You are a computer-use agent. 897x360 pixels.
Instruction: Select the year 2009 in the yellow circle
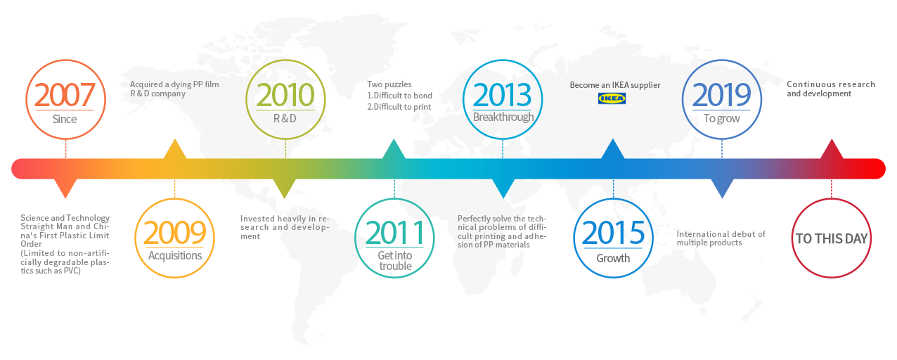point(174,233)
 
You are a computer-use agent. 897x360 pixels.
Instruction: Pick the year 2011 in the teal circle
point(395,233)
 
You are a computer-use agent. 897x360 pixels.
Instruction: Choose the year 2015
point(613,233)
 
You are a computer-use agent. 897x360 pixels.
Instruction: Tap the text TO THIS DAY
point(832,238)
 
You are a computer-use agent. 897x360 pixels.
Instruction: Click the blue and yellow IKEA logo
point(612,98)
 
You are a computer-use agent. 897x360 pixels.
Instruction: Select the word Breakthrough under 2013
point(503,117)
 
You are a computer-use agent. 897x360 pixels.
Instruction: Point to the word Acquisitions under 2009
point(175,255)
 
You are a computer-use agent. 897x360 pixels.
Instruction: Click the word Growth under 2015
point(613,258)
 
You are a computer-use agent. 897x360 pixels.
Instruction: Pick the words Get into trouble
point(395,261)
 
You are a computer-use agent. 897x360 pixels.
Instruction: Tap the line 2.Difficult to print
point(399,107)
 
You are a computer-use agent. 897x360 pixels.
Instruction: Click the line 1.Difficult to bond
point(400,96)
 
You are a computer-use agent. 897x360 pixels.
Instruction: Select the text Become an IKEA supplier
point(615,85)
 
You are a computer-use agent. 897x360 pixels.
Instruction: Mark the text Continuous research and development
point(831,89)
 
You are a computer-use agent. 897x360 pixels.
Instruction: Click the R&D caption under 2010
point(285,119)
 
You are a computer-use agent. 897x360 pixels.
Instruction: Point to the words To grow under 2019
point(721,119)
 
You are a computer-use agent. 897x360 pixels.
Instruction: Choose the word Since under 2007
point(65,119)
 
